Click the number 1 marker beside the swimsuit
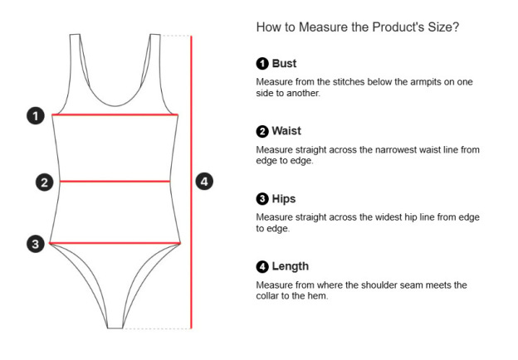tap(35, 115)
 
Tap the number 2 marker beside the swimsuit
tap(45, 182)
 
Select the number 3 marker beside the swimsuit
tap(35, 244)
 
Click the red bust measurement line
tap(115, 114)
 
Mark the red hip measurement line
tap(115, 243)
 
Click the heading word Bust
tap(284, 63)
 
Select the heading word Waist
tap(286, 131)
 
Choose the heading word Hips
tap(284, 199)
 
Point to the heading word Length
tap(290, 266)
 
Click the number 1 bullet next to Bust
tap(262, 63)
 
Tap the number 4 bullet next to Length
tap(262, 266)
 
